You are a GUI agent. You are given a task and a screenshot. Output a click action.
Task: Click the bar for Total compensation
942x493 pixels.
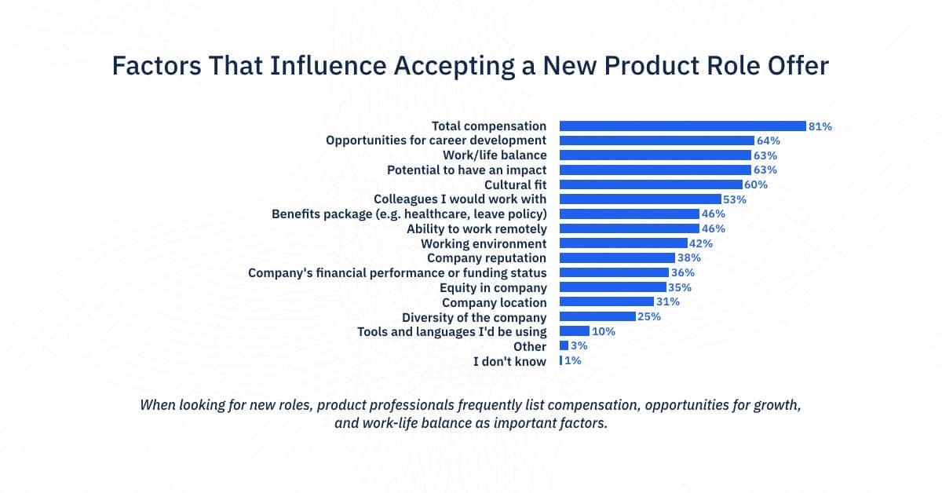682,126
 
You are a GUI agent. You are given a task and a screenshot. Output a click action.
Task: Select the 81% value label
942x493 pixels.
820,126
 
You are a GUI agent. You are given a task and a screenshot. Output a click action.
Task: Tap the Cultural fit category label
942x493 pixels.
515,184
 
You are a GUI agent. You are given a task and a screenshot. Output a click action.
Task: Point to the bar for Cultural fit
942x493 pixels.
651,184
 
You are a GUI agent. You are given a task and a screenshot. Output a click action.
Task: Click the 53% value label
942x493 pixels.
735,199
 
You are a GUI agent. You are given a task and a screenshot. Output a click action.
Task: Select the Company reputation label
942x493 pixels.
487,258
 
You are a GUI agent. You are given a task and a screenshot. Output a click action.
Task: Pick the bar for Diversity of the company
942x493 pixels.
597,317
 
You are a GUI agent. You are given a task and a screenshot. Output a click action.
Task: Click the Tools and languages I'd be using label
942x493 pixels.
452,331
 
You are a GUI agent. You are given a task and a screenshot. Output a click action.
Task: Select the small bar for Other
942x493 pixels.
564,346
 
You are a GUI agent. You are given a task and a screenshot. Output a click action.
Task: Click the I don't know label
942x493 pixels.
509,361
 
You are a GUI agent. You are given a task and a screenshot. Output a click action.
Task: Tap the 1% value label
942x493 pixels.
573,361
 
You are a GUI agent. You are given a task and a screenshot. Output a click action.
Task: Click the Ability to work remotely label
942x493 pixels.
476,228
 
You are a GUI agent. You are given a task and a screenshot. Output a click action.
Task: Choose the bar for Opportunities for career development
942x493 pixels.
657,141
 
